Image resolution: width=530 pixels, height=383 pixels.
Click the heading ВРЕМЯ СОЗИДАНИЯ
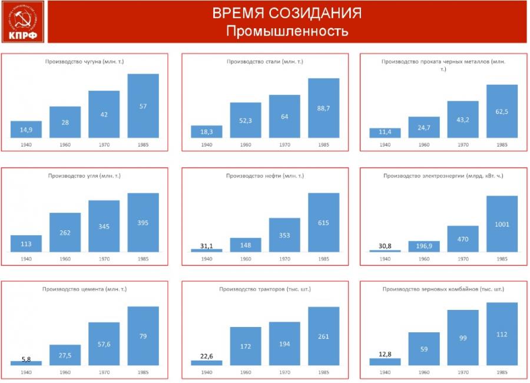(287, 13)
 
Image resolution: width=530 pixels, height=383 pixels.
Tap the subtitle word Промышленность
(287, 31)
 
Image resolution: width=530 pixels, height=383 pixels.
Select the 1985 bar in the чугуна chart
(143, 106)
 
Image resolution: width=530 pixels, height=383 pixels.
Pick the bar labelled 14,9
(26, 130)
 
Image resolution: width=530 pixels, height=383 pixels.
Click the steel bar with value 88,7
(323, 108)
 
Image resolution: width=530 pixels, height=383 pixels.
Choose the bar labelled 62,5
(502, 111)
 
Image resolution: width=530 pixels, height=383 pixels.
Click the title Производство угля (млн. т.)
(84, 176)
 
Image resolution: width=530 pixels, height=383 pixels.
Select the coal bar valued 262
(65, 232)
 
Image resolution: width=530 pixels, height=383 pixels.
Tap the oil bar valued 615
(323, 223)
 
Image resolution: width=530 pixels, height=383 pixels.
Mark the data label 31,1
(207, 246)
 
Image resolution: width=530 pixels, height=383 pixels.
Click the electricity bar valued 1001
(502, 224)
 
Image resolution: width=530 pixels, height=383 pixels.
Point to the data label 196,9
(424, 246)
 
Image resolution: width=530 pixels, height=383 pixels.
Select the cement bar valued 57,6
(104, 344)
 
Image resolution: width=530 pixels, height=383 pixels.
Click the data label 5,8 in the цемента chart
(26, 359)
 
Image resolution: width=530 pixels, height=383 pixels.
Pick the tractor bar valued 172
(246, 346)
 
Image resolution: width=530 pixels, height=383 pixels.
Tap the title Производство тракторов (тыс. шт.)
(264, 289)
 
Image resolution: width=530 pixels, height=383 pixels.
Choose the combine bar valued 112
(502, 334)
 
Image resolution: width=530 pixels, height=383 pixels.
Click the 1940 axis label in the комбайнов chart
(385, 372)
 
